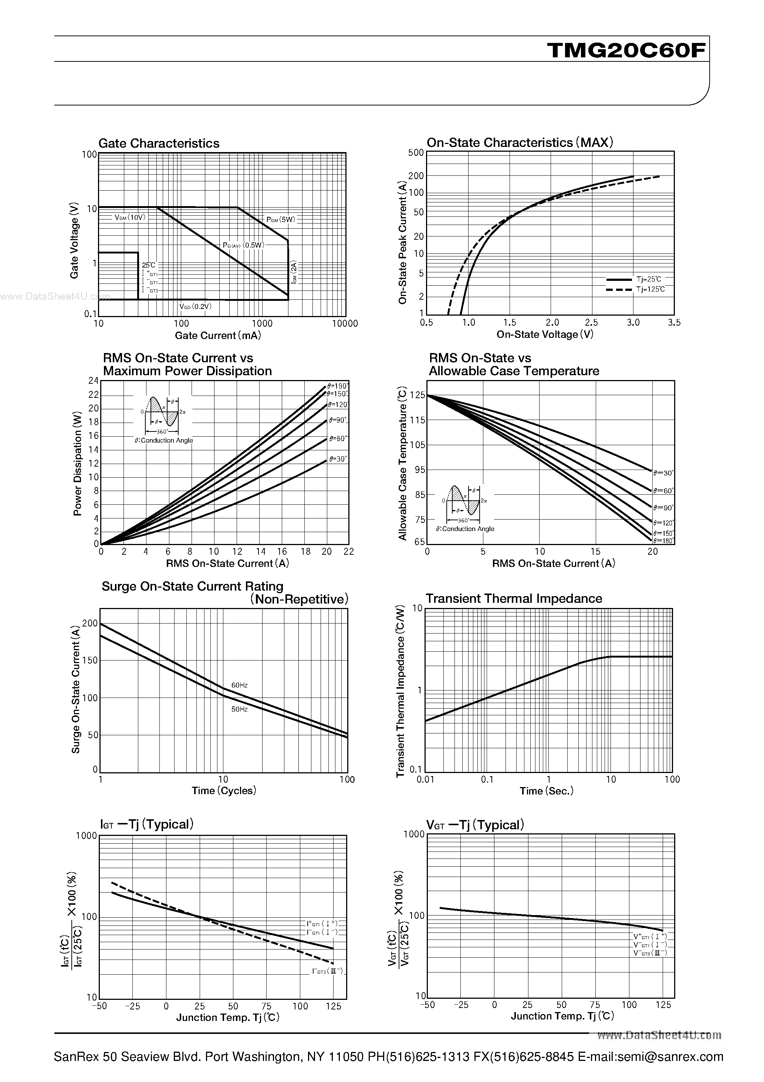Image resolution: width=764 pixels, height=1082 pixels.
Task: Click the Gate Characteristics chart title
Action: (x=159, y=143)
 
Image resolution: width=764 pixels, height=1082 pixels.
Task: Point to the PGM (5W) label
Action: (x=281, y=219)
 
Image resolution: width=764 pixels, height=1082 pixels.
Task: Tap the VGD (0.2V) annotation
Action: (x=196, y=306)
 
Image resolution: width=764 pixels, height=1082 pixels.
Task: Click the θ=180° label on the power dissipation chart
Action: (x=337, y=386)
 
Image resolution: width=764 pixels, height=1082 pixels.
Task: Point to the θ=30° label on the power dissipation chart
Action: (x=338, y=458)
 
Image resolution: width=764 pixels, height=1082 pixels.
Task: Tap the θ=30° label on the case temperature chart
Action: (x=663, y=473)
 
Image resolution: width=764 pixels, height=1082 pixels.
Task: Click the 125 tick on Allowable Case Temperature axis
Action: (x=418, y=395)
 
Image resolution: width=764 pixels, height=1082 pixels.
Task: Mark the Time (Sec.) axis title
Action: (x=547, y=791)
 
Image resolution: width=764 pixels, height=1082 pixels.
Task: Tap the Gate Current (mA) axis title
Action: (x=217, y=336)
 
